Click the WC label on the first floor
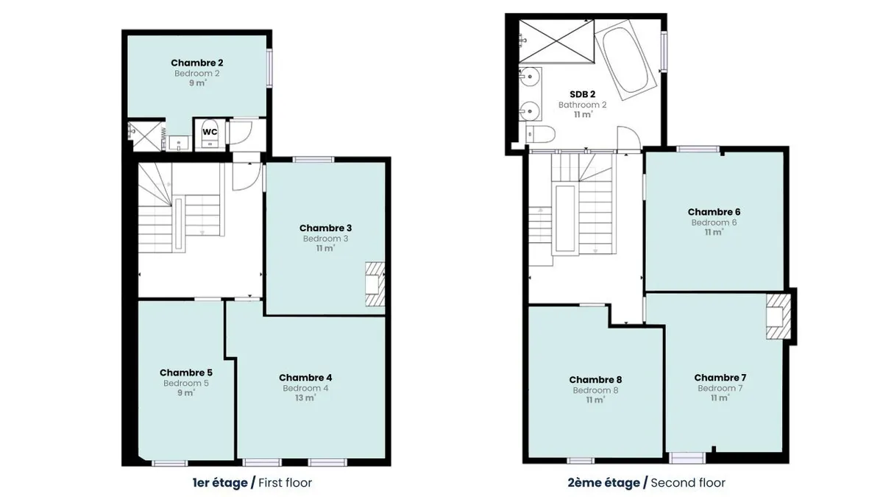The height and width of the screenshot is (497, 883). pyautogui.click(x=210, y=132)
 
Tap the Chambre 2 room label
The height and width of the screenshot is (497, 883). pyautogui.click(x=197, y=63)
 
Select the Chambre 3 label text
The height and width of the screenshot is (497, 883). pyautogui.click(x=325, y=228)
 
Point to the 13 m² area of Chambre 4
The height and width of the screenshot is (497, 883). pyautogui.click(x=305, y=398)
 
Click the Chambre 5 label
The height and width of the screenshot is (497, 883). pyautogui.click(x=186, y=373)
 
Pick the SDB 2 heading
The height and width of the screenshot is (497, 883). pyautogui.click(x=583, y=94)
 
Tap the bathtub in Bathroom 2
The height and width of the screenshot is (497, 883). pyautogui.click(x=625, y=59)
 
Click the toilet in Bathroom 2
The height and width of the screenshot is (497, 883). pyautogui.click(x=540, y=134)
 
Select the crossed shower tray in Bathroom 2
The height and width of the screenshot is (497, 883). pyautogui.click(x=556, y=41)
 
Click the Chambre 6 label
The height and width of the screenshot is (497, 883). pyautogui.click(x=714, y=212)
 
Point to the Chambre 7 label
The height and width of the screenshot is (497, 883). pyautogui.click(x=720, y=378)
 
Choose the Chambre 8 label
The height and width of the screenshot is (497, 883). pyautogui.click(x=595, y=379)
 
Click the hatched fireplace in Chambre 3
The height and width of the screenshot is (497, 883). pyautogui.click(x=375, y=284)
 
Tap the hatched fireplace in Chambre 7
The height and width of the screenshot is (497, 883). pyautogui.click(x=779, y=317)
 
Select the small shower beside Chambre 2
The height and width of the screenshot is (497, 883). pyautogui.click(x=146, y=136)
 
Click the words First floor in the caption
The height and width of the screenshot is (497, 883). pyautogui.click(x=285, y=483)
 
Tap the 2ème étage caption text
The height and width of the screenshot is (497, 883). pyautogui.click(x=603, y=483)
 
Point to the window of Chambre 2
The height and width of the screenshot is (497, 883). pyautogui.click(x=269, y=68)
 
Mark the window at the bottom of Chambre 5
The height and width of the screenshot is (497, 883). pyautogui.click(x=169, y=463)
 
